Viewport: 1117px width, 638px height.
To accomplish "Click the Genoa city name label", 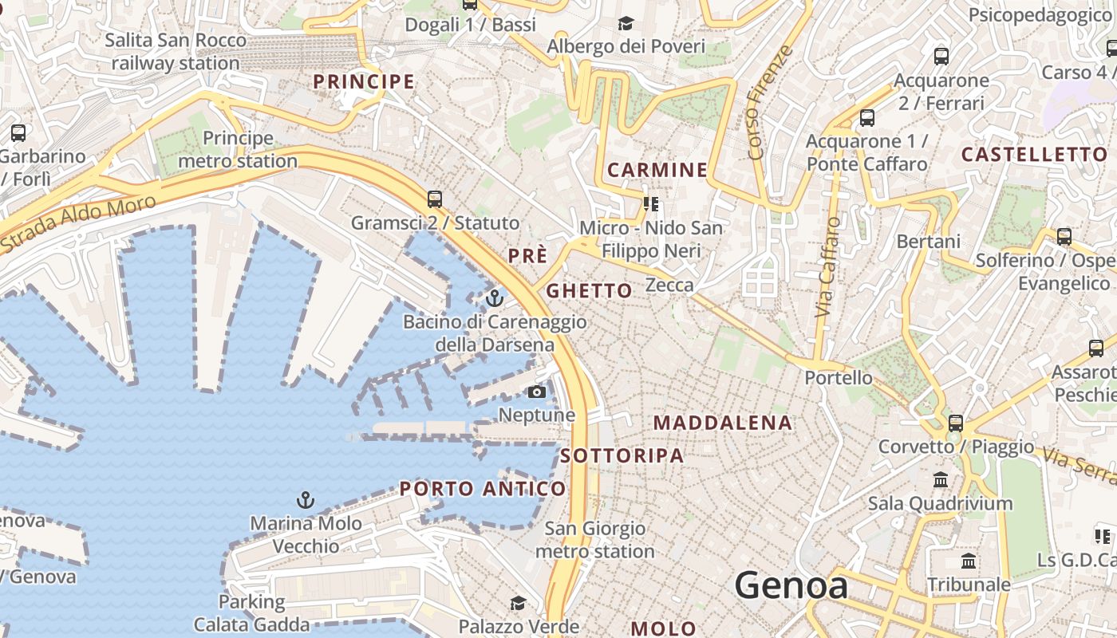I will [x=791, y=586].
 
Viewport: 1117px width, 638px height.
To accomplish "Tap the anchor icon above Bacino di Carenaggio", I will [x=495, y=298].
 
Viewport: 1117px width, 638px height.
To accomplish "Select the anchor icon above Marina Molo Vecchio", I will [x=305, y=500].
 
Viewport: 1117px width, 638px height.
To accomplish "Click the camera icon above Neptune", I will [x=537, y=392].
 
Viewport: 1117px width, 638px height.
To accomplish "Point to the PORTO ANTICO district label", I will [x=483, y=488].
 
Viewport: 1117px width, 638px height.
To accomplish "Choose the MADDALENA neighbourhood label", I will [x=723, y=423].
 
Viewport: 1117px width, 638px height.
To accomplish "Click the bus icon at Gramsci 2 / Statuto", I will [x=435, y=199].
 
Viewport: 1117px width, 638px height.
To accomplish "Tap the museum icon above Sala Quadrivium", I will [x=941, y=480].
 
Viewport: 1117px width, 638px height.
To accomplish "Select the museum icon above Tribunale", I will [x=969, y=561].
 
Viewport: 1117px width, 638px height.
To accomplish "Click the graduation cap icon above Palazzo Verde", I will [x=518, y=603].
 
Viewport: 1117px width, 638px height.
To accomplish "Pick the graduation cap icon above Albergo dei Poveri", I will [x=626, y=24].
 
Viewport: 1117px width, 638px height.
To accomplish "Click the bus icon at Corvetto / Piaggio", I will [x=956, y=423].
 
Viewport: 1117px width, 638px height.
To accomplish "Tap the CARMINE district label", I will [x=657, y=169].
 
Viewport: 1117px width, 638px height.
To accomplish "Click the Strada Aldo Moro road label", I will [x=77, y=223].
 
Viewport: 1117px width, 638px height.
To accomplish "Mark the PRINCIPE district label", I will [x=364, y=81].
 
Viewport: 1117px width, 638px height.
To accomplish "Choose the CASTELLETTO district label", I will [x=1034, y=154].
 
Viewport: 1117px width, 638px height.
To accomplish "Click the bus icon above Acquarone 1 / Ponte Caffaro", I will [x=866, y=119].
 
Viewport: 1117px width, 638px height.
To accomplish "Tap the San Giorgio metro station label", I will [x=594, y=540].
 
